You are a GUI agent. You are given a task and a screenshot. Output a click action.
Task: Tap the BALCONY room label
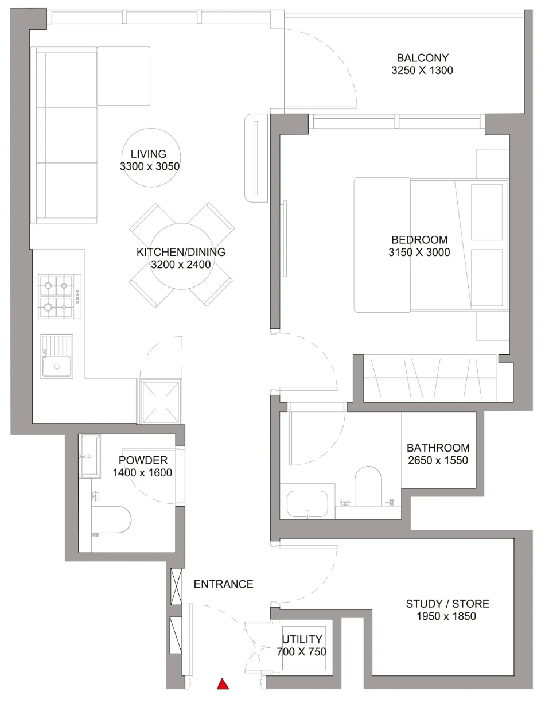point(422,58)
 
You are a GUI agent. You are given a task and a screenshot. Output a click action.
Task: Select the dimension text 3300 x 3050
point(150,166)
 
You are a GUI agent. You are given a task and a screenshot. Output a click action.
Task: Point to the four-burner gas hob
point(60,297)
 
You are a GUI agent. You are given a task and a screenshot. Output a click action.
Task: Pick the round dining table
point(182,256)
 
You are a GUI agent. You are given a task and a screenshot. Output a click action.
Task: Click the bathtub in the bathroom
point(307,504)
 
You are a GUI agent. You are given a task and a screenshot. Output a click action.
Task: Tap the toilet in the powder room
point(111,519)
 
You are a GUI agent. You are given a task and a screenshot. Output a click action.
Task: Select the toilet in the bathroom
point(368,486)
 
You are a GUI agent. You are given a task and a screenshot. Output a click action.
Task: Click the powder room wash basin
point(89,456)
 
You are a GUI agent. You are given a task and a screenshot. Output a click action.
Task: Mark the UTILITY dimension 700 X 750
point(301,651)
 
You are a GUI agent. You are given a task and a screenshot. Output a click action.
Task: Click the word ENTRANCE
point(223,584)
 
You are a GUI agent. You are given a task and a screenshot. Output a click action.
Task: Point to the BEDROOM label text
point(419,240)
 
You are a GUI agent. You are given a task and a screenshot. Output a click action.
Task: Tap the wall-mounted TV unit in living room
point(256,158)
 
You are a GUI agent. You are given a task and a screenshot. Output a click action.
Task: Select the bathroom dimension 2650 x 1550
point(438,460)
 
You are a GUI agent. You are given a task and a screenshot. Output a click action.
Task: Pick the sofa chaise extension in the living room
point(123,76)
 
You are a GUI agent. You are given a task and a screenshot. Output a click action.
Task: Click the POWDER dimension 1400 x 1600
point(142,473)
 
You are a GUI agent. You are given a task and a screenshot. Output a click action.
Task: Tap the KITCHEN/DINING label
point(181,252)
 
